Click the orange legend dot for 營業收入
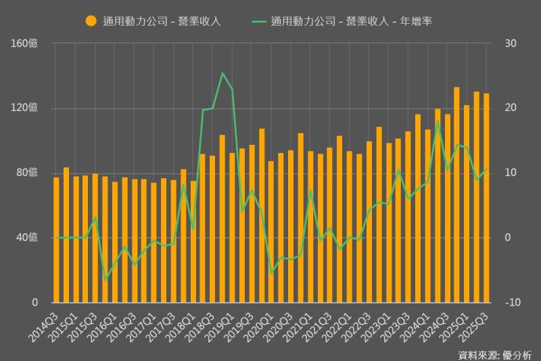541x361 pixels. pyautogui.click(x=91, y=21)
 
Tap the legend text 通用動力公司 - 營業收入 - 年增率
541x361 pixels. pyautogui.click(x=351, y=21)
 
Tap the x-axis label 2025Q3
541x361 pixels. pyautogui.click(x=477, y=324)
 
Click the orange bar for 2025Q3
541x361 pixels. pyautogui.click(x=486, y=198)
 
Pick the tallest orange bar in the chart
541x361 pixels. pyautogui.click(x=456, y=194)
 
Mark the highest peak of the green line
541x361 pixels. pyautogui.click(x=222, y=73)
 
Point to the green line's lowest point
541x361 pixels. pyautogui.click(x=105, y=280)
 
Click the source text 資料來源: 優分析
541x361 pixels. pyautogui.click(x=494, y=354)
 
